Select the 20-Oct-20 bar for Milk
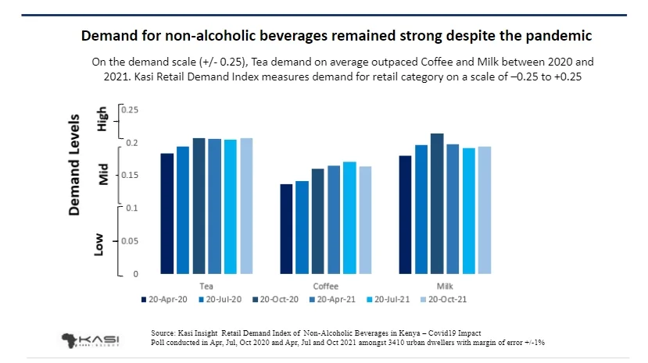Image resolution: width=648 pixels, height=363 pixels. (437, 204)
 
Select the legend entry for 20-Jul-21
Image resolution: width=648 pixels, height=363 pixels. (394, 298)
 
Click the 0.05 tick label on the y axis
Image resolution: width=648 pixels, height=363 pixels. (129, 241)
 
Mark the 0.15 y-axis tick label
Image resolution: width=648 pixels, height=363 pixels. (129, 176)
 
